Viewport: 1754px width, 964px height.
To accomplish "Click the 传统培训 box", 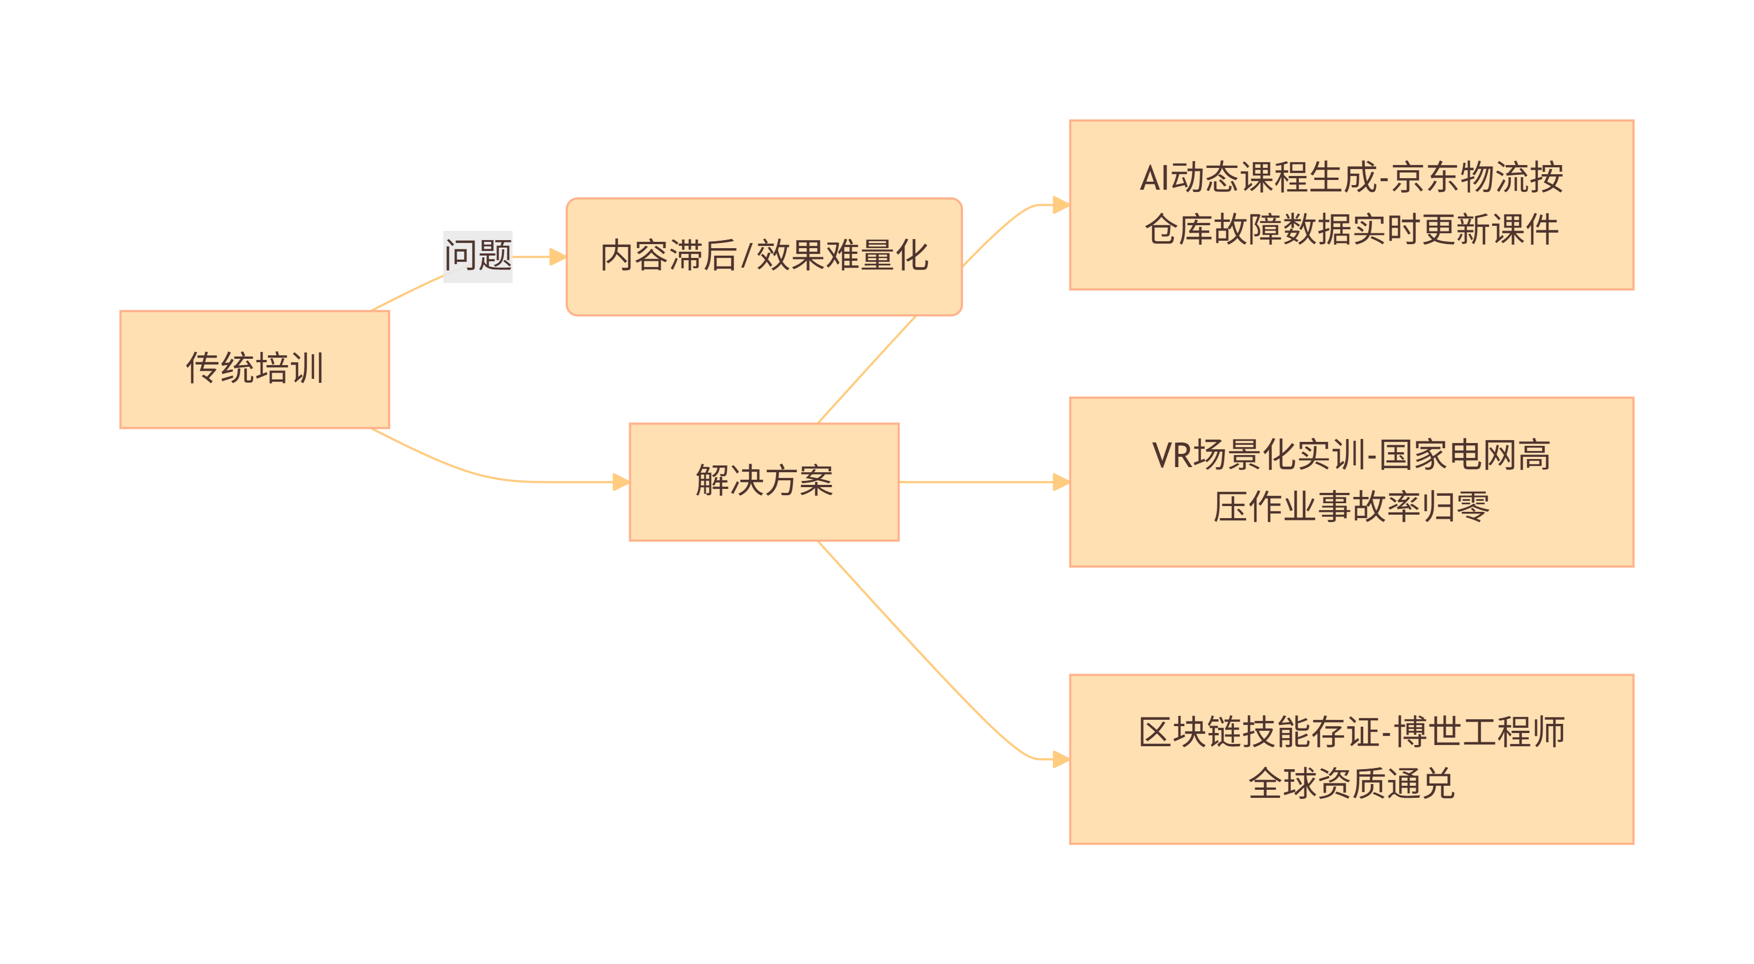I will tap(254, 369).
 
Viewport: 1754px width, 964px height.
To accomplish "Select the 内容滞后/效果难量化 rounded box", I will tap(764, 257).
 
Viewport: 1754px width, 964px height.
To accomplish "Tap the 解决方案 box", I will tap(764, 481).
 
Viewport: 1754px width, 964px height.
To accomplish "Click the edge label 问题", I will tap(477, 256).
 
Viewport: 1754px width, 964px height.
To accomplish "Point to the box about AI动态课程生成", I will tap(1351, 204).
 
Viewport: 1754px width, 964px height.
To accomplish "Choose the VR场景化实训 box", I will tap(1351, 481).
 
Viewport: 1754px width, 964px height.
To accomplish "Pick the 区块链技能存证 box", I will tap(1351, 758).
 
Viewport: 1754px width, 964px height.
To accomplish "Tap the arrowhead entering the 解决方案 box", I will tap(621, 481).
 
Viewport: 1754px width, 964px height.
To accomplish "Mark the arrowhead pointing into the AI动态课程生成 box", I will tap(1061, 204).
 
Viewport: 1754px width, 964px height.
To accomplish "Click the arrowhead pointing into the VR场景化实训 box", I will tap(1061, 481).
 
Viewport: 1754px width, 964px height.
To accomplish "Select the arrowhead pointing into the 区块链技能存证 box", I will tap(1061, 758).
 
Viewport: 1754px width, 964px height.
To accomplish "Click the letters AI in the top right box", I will tap(1155, 178).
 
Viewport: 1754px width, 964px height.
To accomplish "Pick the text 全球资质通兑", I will tap(1351, 783).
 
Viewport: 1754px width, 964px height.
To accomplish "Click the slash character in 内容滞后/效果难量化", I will tap(746, 257).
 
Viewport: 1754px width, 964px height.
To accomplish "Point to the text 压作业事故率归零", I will tap(1351, 507).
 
